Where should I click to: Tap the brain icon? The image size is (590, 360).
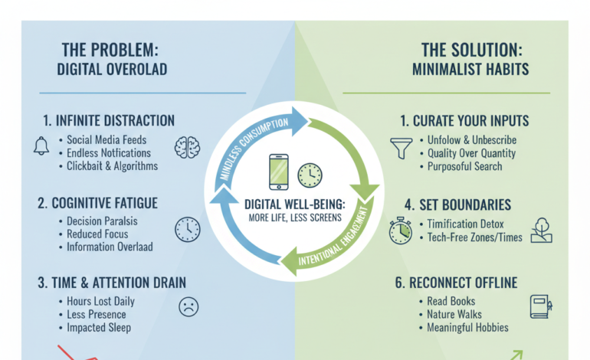(186, 147)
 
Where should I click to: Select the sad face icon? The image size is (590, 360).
(188, 306)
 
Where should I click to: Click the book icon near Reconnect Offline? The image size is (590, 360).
(539, 306)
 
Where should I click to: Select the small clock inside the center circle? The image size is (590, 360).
(310, 174)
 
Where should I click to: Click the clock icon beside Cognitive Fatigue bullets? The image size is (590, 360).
(187, 228)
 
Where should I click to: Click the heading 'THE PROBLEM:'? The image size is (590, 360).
(110, 50)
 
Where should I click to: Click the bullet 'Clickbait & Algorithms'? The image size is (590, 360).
(112, 166)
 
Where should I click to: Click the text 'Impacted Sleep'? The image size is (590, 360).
(99, 327)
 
